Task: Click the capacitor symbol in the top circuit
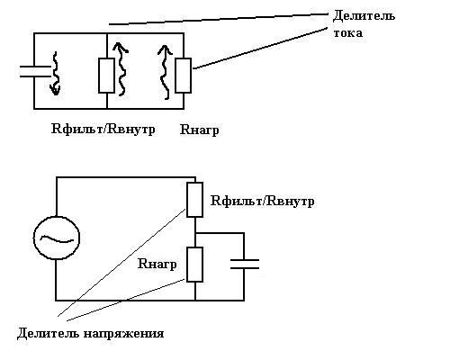[35, 72]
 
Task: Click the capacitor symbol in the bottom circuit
[245, 264]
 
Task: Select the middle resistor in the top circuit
[106, 76]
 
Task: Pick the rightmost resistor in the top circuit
[183, 76]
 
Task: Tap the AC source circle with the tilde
[57, 238]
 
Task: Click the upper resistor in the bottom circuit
[194, 200]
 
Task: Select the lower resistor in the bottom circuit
[194, 265]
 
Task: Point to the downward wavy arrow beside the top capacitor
[55, 74]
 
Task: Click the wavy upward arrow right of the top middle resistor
[121, 69]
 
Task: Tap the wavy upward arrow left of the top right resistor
[165, 72]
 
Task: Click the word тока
[347, 33]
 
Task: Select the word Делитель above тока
[364, 15]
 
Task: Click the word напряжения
[123, 334]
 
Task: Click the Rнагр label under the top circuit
[199, 130]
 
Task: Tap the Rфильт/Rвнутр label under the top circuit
[103, 130]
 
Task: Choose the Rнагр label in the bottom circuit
[157, 265]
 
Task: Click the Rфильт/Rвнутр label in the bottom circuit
[263, 201]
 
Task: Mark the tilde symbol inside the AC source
[57, 239]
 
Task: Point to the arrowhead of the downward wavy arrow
[55, 91]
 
